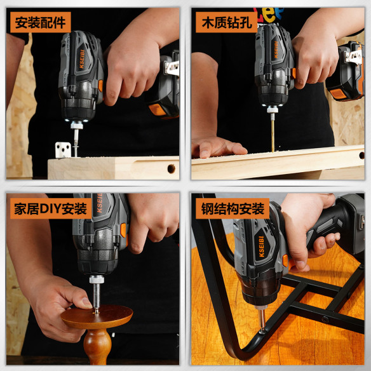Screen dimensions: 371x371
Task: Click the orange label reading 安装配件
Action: point(39,23)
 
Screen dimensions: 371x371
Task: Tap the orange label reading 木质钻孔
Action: point(224,23)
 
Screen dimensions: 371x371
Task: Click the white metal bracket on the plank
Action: point(62,150)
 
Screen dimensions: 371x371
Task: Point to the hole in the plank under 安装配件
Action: point(170,168)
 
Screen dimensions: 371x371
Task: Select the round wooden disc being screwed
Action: point(97,316)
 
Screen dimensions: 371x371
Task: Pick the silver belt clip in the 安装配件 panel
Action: point(170,66)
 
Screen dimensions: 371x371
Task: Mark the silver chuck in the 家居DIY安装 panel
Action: point(97,280)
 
